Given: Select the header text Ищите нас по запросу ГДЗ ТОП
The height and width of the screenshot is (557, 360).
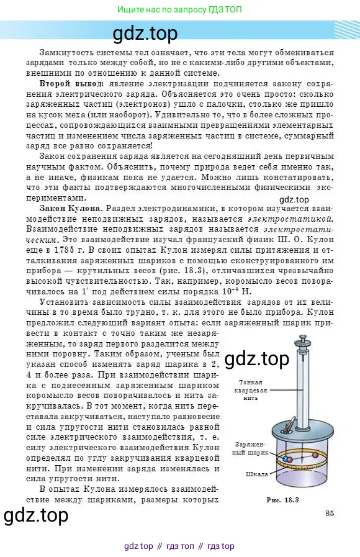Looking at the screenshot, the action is tap(180, 10).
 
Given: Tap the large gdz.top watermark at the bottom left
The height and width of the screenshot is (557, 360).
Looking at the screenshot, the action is tap(36, 516).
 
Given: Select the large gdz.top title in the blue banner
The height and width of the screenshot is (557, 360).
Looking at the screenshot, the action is tap(146, 32).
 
